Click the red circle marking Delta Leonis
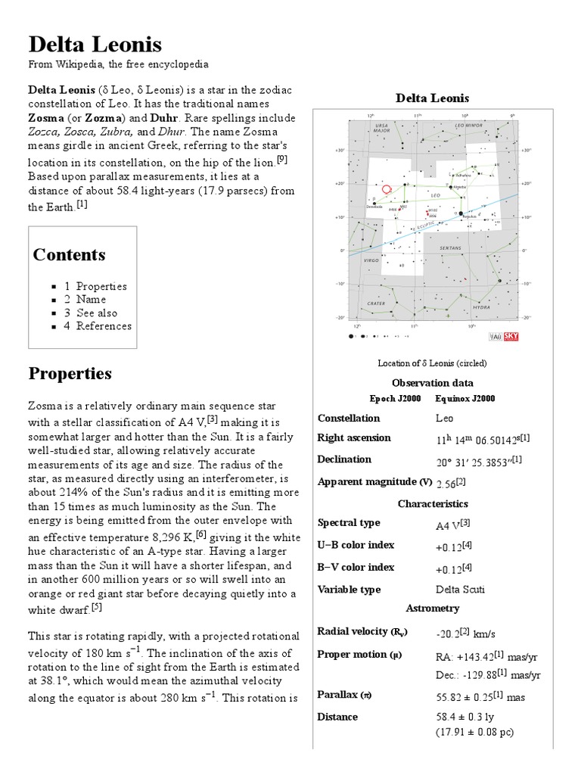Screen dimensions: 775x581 coord(387,189)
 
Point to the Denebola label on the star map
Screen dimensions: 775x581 coord(374,206)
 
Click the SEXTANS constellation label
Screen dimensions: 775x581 coord(451,247)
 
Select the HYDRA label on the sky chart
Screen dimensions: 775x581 coord(481,307)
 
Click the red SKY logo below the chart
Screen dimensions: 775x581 coord(511,337)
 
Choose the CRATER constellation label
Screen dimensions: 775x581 coord(376,303)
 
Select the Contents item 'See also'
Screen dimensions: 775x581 coord(96,313)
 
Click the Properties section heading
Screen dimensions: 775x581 coord(70,374)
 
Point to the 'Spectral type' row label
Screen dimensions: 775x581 coord(349,523)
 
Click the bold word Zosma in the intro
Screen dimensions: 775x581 coord(49,118)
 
